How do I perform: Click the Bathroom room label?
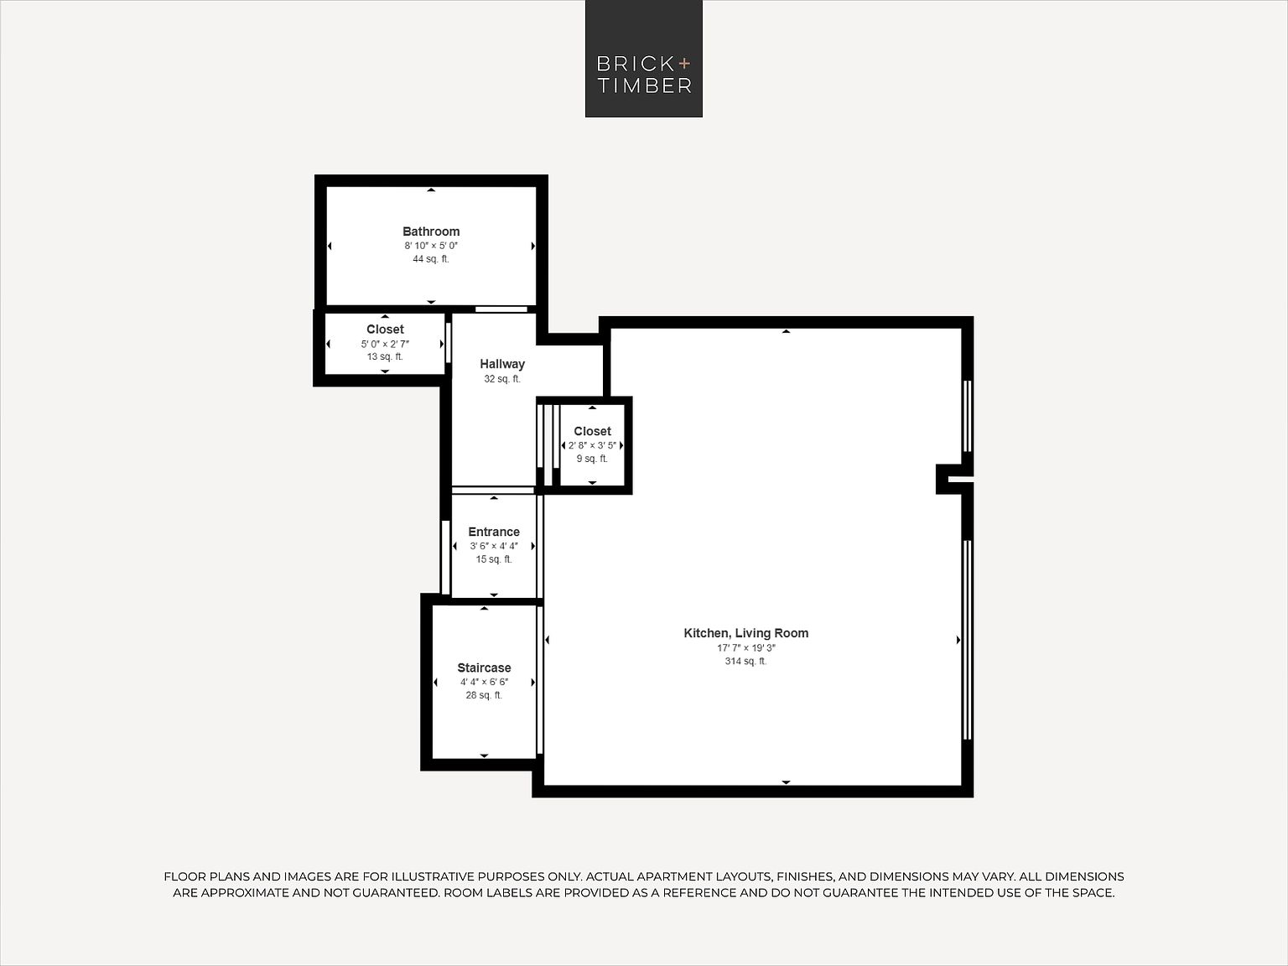(431, 231)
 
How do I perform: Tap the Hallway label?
(502, 364)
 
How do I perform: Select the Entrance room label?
(494, 532)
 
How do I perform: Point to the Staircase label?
(484, 668)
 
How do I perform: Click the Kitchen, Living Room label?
(745, 633)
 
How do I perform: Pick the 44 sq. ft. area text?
(431, 258)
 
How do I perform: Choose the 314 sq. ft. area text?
(745, 661)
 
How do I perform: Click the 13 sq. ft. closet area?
(385, 356)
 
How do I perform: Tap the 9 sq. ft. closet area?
(592, 459)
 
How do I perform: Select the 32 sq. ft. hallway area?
(502, 379)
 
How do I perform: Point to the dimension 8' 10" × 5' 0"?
(431, 246)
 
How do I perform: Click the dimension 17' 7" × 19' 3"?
(745, 648)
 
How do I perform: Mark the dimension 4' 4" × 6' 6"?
(484, 682)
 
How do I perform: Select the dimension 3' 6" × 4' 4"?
(494, 546)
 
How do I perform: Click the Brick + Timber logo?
(644, 59)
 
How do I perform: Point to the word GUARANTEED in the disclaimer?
(397, 893)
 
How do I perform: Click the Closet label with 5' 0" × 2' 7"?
(385, 330)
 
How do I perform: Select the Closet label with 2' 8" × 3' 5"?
(592, 432)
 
